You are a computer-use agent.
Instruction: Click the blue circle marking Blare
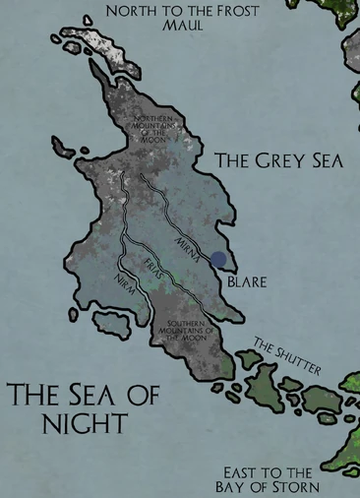tap(218, 260)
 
